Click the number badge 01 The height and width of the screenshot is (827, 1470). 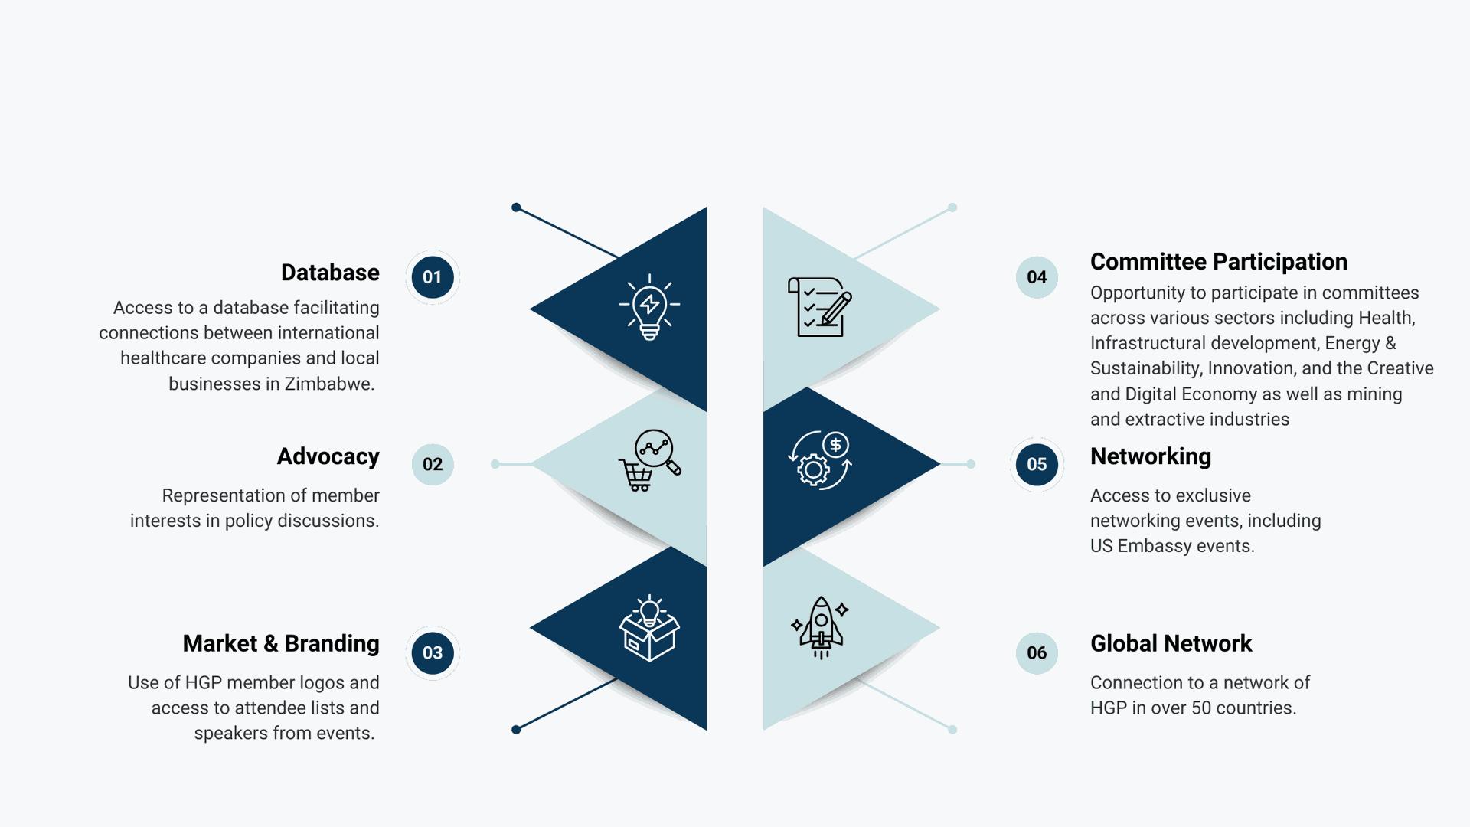point(433,277)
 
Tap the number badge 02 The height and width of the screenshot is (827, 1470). point(433,464)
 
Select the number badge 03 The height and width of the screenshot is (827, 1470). point(433,652)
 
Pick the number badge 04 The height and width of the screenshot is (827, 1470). point(1037,277)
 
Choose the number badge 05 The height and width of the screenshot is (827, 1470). point(1037,464)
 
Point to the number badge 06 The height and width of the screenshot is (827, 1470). point(1037,652)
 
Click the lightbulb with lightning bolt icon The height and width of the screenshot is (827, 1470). point(650,306)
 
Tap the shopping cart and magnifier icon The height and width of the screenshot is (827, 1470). point(650,460)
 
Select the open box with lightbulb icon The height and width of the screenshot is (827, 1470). point(650,628)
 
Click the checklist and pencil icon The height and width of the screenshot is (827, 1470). point(820,307)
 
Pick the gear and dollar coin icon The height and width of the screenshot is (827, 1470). point(820,459)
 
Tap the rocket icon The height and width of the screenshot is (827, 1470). point(820,627)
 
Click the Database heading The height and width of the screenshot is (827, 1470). point(330,273)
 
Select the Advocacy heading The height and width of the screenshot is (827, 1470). point(328,456)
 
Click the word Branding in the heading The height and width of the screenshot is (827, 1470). point(332,643)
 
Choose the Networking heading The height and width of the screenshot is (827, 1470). point(1151,456)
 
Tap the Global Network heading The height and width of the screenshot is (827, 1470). point(1171,643)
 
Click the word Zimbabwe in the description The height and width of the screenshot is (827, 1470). point(329,384)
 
